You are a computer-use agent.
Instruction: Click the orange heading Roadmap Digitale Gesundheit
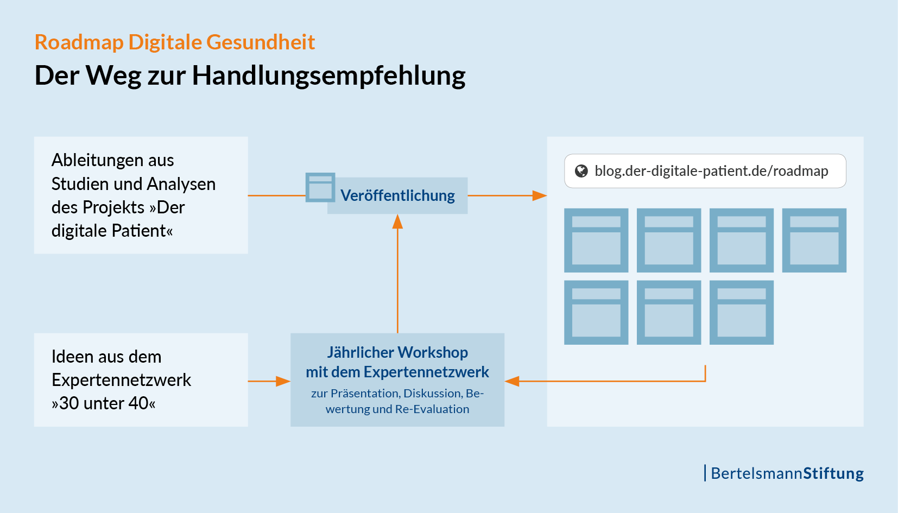coord(175,42)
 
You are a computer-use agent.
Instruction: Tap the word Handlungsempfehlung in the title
coord(328,76)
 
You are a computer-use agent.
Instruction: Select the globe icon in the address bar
coord(581,171)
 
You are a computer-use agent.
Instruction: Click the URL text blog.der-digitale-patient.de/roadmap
coord(711,171)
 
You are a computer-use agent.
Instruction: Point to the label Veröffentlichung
coord(397,195)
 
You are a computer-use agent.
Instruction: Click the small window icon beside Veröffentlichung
coord(320,187)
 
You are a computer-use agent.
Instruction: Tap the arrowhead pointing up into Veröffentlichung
coord(397,221)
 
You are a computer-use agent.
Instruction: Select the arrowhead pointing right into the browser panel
coord(540,195)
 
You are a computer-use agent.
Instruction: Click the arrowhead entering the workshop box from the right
coord(512,381)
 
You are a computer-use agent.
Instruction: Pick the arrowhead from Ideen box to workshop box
coord(283,381)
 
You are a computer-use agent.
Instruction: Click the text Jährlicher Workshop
coord(397,352)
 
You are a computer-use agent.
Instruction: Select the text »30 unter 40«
coord(104,403)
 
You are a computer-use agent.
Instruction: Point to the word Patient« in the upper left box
coord(142,231)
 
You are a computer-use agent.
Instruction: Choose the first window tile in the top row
coord(596,240)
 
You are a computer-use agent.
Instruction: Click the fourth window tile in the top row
coord(814,240)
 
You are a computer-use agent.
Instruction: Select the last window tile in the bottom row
coord(742,312)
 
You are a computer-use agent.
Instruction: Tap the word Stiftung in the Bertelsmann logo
coord(833,473)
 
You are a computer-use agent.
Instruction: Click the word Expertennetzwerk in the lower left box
coord(122,380)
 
